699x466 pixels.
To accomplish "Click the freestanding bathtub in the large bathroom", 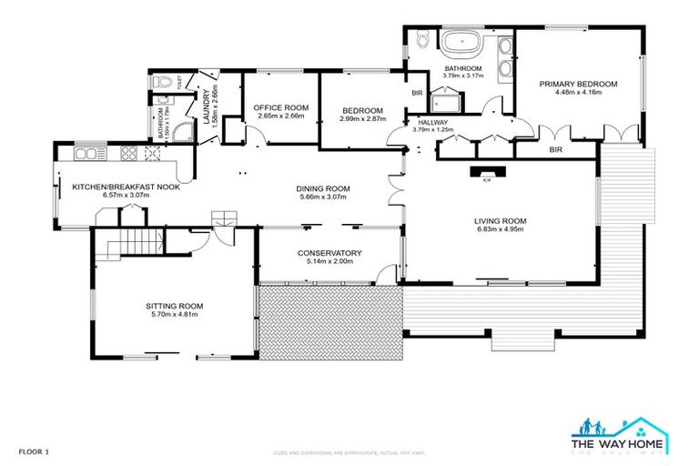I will point(462,43).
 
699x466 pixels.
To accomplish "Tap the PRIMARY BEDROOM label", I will point(578,85).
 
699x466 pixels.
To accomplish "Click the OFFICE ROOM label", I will point(281,107).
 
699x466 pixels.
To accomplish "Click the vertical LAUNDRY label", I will point(208,107).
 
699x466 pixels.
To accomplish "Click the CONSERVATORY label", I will point(330,253).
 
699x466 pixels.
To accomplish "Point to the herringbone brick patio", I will point(330,309).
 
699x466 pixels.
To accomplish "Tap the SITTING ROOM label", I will point(174,306).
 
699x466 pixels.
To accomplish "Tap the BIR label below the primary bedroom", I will point(554,149).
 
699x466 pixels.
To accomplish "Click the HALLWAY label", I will point(432,121).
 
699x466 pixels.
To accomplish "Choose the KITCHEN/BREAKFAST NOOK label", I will point(119,187).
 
